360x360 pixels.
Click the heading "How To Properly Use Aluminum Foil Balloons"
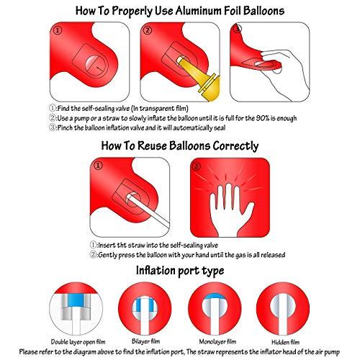coord(179,11)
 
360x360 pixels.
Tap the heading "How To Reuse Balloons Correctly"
coord(179,145)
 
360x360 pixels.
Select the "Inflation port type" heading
coord(179,271)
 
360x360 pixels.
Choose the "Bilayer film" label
coord(143,341)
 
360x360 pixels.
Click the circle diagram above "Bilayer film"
coord(143,309)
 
